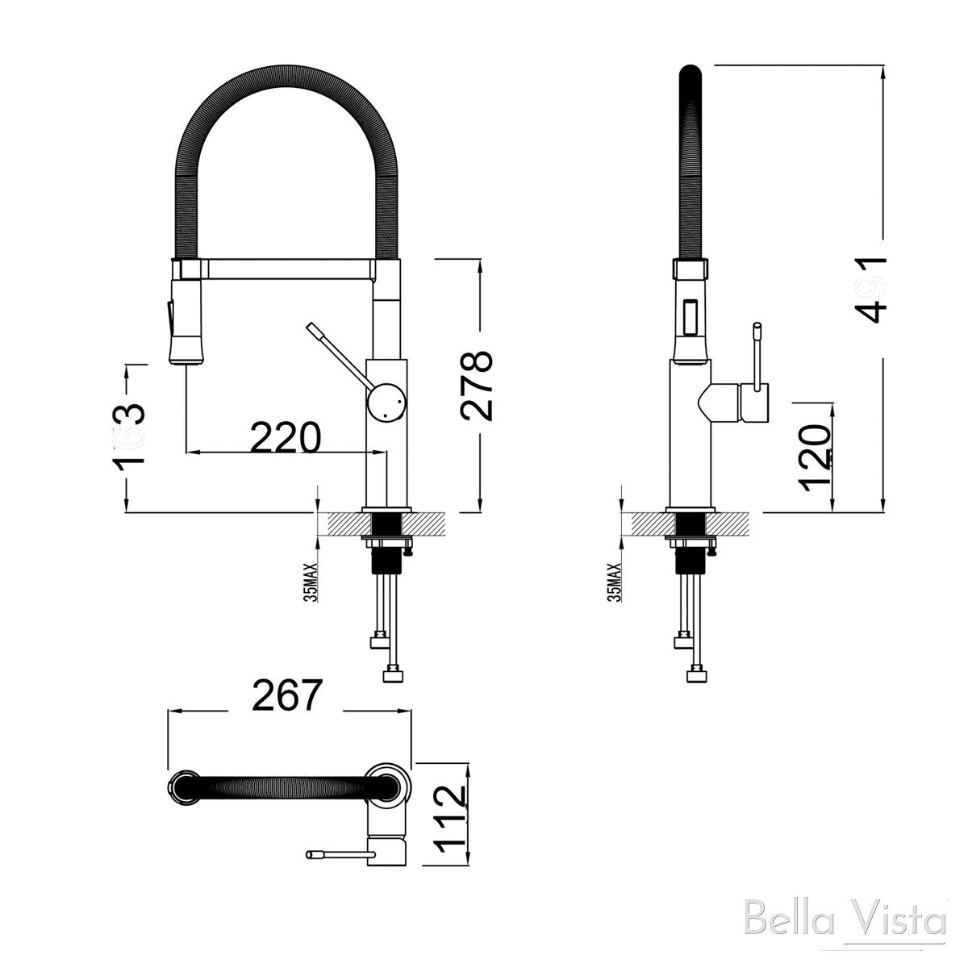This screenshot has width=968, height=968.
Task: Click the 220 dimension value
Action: [x=285, y=437]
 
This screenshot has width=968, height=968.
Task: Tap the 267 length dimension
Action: [x=287, y=695]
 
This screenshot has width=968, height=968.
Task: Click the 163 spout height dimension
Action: [x=129, y=434]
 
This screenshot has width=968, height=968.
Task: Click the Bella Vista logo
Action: [x=845, y=920]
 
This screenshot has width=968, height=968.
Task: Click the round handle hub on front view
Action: [x=386, y=401]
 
